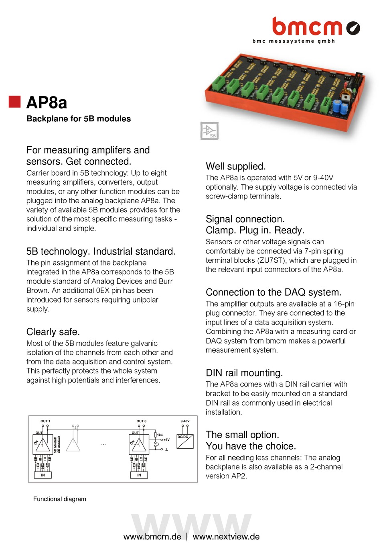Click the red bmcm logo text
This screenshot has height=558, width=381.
307,27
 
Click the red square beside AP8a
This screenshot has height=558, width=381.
15,102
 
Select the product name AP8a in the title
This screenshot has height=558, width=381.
47,103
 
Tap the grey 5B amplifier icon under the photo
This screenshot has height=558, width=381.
209,131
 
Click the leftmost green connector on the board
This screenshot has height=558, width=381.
218,84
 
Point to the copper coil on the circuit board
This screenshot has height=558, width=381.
346,96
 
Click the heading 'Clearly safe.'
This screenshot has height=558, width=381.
53,332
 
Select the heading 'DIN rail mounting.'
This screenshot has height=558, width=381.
244,373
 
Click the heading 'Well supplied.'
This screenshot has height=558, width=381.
235,166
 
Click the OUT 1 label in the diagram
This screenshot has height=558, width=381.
45,421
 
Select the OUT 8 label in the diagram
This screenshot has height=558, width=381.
141,421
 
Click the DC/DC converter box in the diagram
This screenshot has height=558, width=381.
185,441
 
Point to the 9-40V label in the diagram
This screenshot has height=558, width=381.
185,421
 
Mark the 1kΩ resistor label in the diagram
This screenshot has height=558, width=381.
160,435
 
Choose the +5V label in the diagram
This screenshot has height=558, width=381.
166,440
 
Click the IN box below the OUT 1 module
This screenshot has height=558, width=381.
43,475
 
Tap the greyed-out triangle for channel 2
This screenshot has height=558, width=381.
73,445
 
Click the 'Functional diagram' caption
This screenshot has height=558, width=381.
60,499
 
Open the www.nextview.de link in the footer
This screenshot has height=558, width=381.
226,537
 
